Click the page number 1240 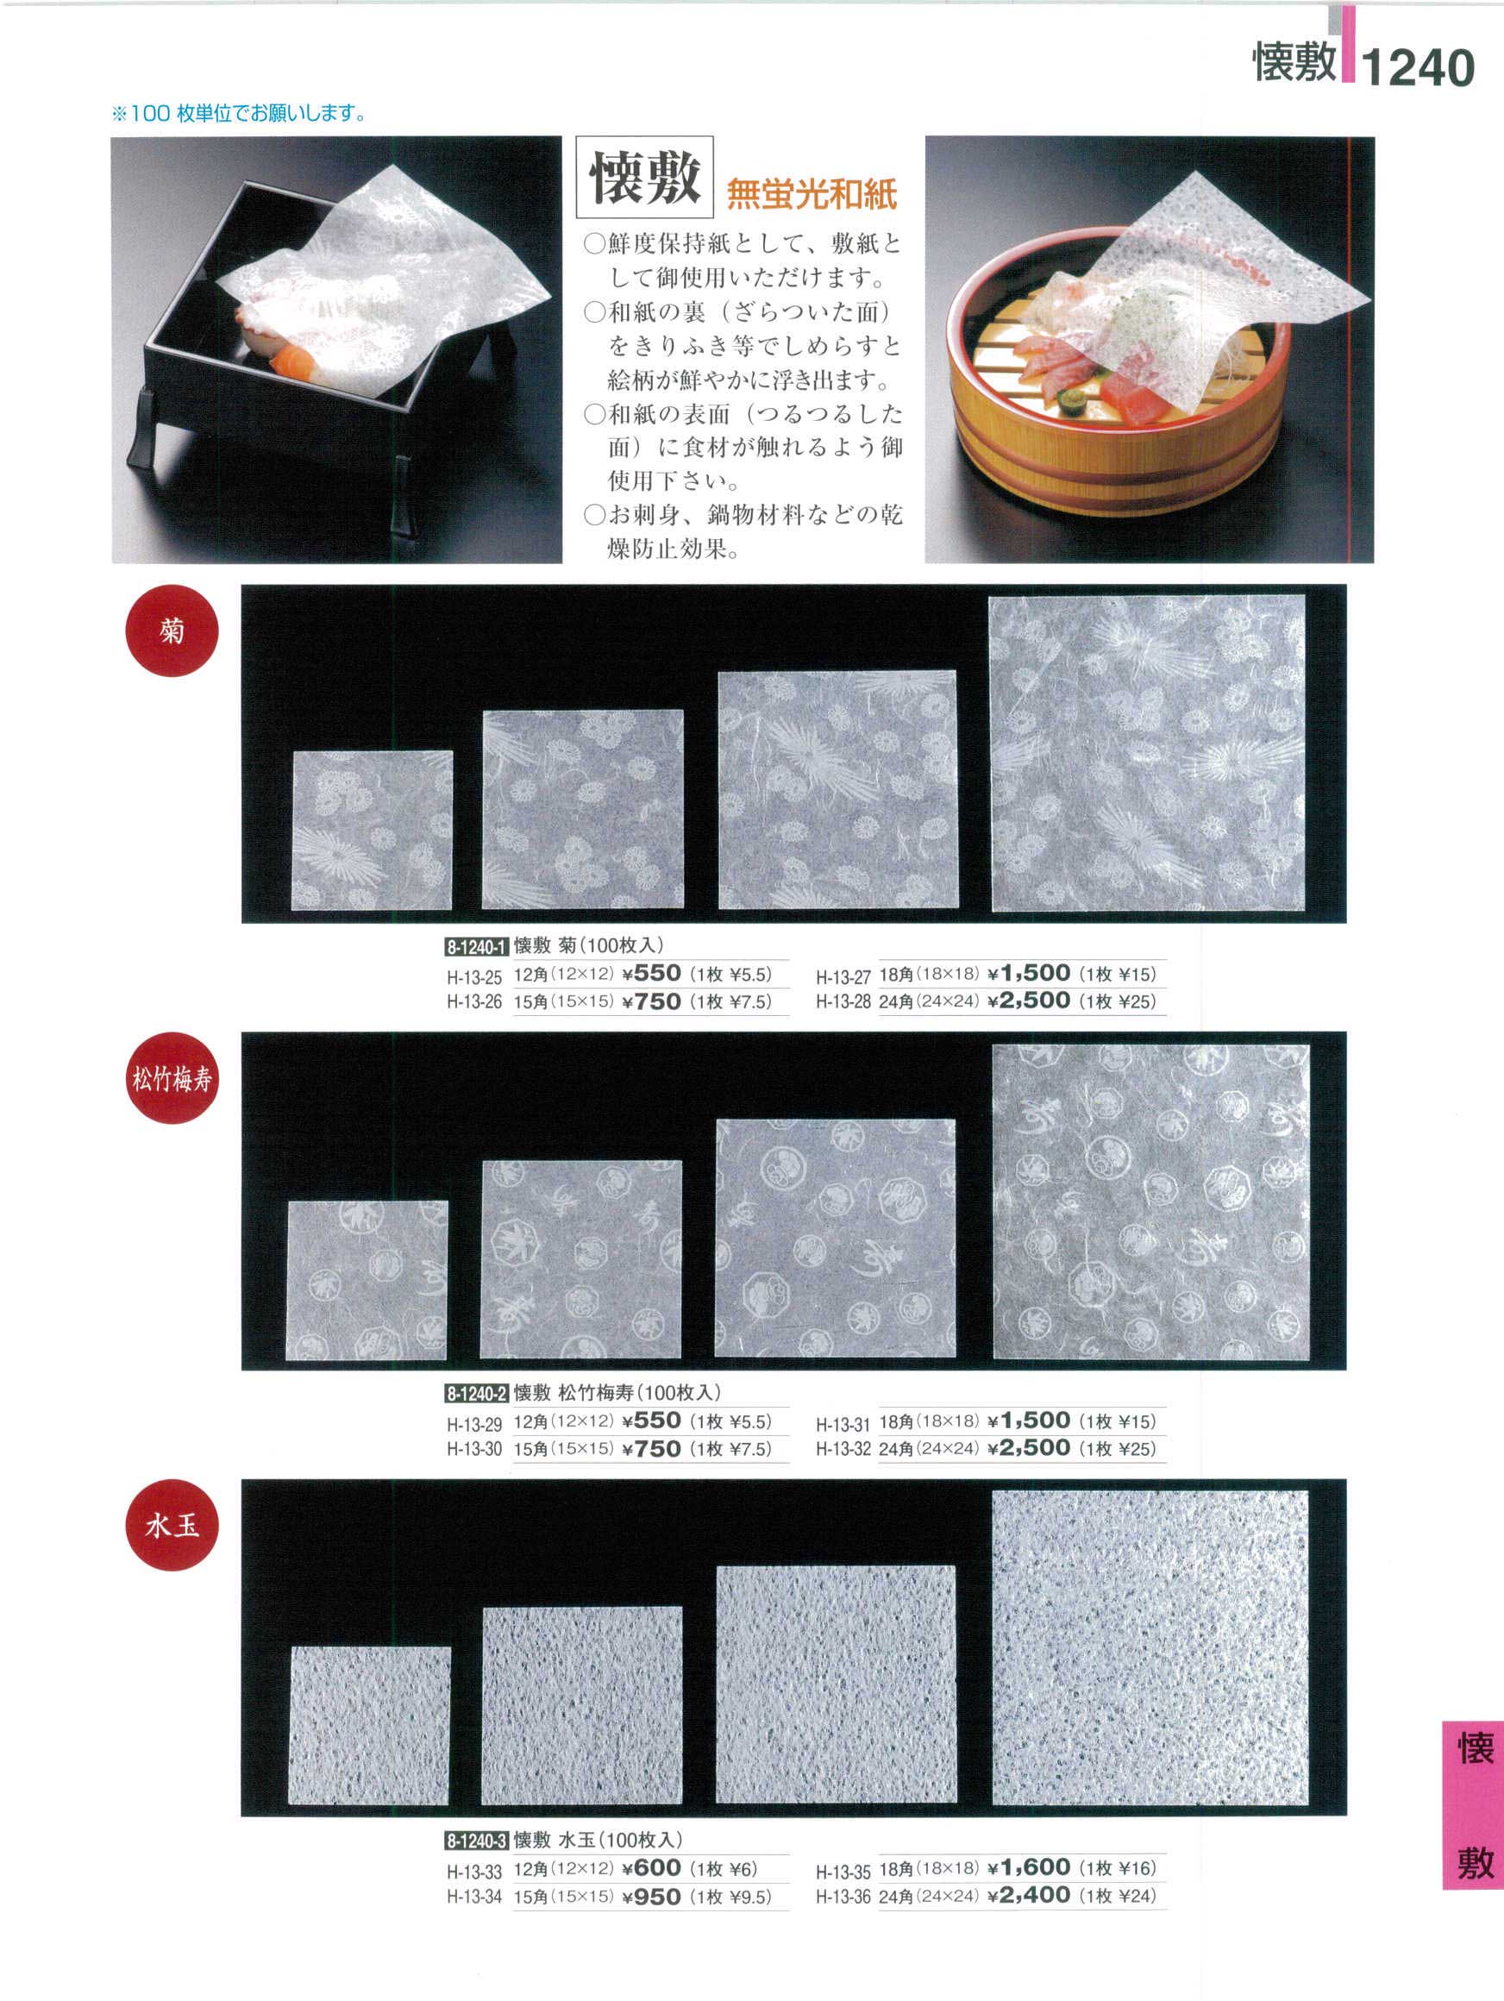1417,68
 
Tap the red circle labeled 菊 172,630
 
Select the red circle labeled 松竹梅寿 172,1077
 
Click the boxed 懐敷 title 645,179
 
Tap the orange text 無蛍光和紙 812,193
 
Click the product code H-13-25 474,977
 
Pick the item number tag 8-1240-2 476,1393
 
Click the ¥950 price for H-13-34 651,1897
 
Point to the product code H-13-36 843,1897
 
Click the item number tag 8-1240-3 476,1841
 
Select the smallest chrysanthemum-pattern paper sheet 373,830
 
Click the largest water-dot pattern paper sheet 1150,1652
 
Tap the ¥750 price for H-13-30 651,1449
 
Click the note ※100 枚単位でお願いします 239,114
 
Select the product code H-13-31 843,1425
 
